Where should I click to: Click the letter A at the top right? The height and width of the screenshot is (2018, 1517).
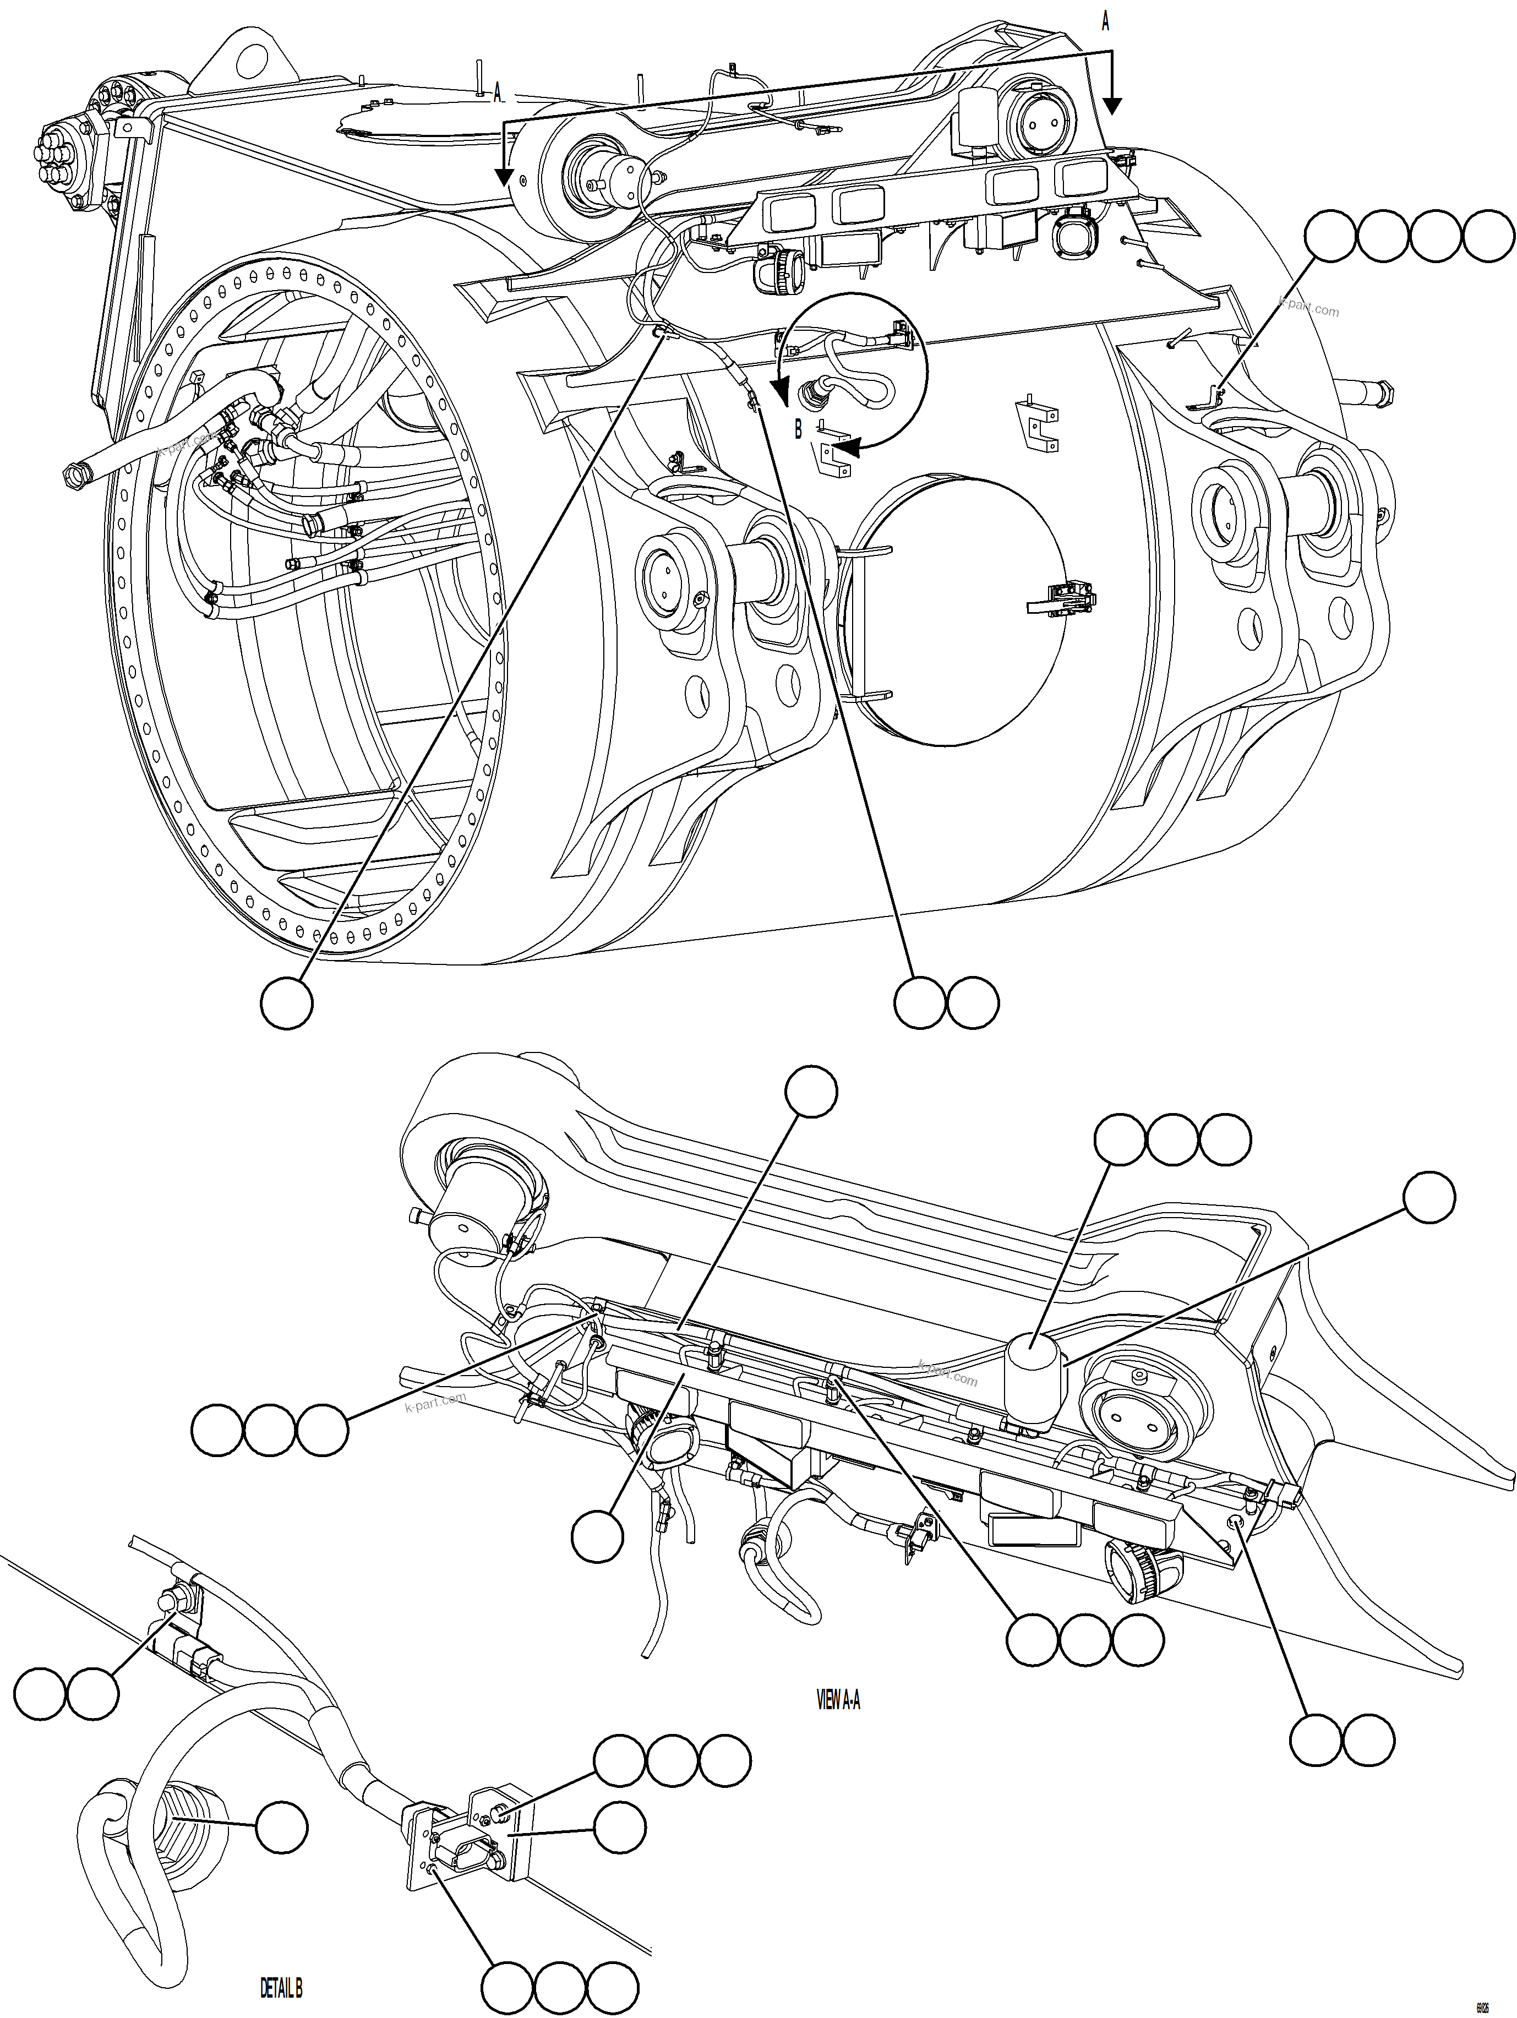pyautogui.click(x=1106, y=23)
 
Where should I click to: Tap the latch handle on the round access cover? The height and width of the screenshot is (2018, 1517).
pyautogui.click(x=1063, y=599)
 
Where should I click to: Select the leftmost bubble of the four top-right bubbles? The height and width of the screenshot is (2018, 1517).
pyautogui.click(x=1330, y=236)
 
